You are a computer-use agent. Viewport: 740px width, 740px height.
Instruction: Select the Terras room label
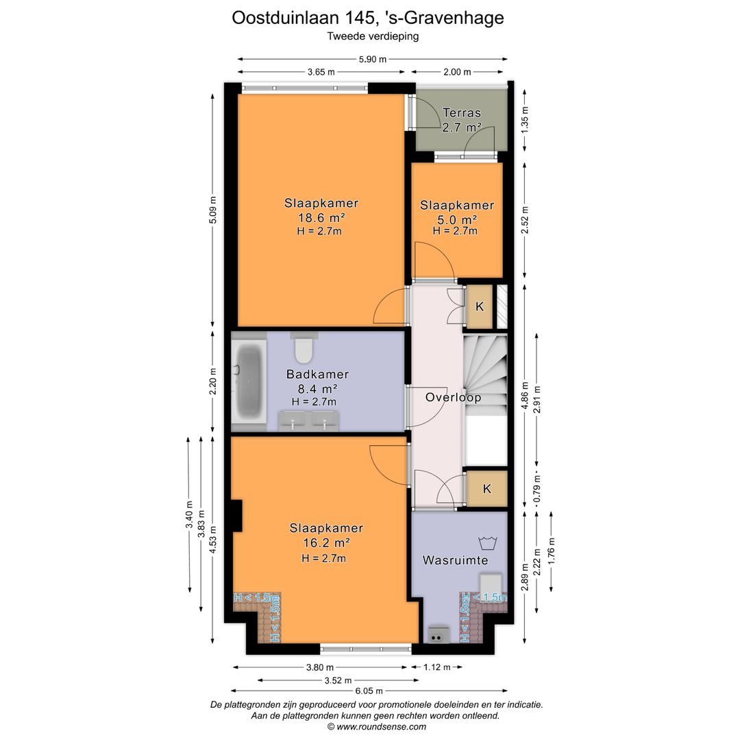point(462,113)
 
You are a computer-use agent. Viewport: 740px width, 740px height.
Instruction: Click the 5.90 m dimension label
point(373,59)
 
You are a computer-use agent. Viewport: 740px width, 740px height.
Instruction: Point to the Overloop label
point(453,397)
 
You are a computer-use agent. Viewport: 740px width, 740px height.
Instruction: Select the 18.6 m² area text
point(321,218)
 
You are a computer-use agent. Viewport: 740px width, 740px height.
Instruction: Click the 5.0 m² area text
point(457,219)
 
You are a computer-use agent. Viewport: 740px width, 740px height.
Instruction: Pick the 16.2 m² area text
point(326,543)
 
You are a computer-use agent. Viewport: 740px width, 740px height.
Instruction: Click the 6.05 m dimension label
point(369,691)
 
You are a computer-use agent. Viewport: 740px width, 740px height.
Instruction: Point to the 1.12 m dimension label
point(437,667)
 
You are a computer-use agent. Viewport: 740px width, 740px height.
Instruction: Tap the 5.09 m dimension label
point(213,210)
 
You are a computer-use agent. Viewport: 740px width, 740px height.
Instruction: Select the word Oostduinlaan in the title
point(286,18)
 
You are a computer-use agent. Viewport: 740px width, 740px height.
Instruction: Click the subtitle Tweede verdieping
point(373,36)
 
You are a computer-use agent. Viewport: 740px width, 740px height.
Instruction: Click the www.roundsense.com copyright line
point(377,727)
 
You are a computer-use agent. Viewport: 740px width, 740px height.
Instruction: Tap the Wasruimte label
point(455,560)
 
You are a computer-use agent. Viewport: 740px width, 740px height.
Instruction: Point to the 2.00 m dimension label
point(457,72)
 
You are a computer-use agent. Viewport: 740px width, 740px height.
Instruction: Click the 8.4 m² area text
point(317,389)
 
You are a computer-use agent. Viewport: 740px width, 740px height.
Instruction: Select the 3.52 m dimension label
point(338,680)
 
